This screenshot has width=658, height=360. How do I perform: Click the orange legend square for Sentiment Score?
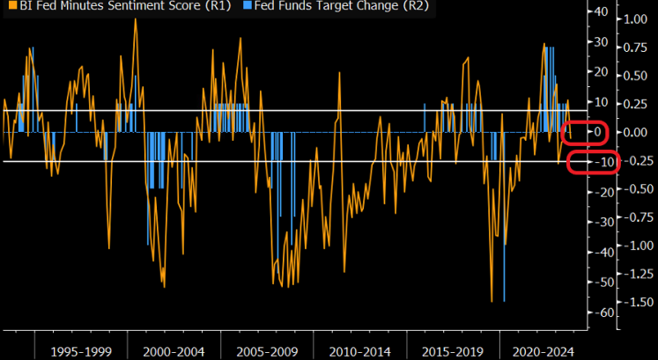[x=12, y=6]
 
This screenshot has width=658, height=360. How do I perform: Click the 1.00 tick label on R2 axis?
[x=635, y=19]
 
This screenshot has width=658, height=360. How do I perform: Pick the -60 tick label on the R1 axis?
[x=599, y=313]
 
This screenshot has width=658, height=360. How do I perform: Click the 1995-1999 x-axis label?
[x=81, y=351]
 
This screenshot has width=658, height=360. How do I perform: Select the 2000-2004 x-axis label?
[x=174, y=351]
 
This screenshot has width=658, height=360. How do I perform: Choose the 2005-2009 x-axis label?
[x=267, y=351]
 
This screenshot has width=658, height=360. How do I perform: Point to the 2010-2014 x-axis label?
[x=359, y=351]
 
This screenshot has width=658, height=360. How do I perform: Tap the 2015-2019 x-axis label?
[x=453, y=351]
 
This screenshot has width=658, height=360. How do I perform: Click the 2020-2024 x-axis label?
[x=543, y=351]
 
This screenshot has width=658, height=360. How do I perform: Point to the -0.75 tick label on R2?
[x=639, y=217]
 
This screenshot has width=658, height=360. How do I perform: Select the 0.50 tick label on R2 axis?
[x=635, y=76]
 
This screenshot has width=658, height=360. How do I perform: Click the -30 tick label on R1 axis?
[x=599, y=222]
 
